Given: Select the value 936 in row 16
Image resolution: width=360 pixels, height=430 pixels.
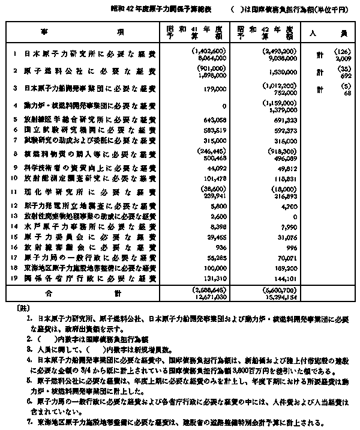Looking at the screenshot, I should (x=208, y=247).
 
